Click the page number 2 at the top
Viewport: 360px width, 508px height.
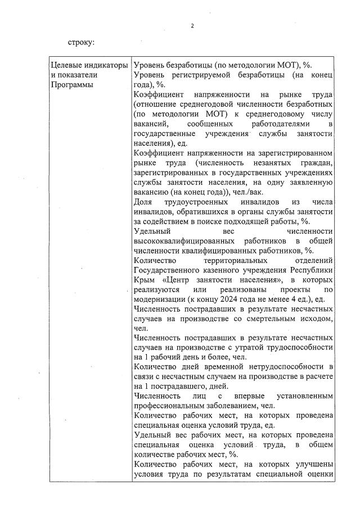192,26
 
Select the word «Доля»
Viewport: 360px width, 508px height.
143,202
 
